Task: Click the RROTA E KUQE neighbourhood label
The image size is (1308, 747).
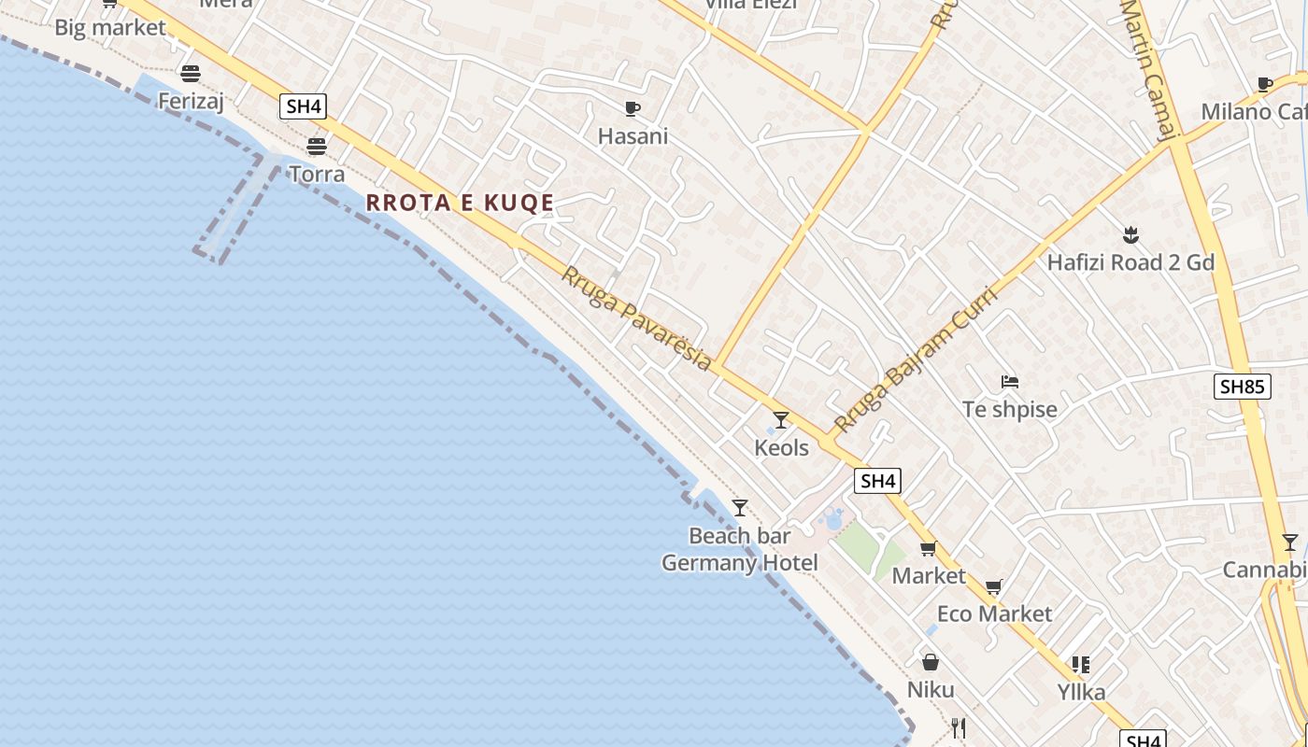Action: (460, 203)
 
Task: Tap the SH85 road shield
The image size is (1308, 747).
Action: (1242, 386)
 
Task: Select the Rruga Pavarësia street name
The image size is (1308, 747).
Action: (636, 318)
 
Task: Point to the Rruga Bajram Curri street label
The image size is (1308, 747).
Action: (916, 359)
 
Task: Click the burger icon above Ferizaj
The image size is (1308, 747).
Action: (191, 73)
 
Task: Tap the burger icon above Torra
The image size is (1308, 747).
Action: (317, 147)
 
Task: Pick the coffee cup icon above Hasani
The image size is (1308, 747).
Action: (633, 108)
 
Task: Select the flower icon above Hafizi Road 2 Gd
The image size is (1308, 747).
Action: (1130, 234)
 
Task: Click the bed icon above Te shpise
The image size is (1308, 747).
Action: (1009, 381)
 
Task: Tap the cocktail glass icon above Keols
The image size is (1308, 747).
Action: (781, 420)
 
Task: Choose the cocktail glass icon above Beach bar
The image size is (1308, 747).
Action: (740, 508)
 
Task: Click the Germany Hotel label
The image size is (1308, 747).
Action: (739, 563)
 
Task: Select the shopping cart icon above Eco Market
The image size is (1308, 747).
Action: (994, 586)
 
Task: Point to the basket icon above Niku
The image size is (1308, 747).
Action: (931, 662)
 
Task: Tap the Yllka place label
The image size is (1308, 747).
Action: (1081, 692)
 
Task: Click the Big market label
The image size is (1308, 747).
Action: (110, 27)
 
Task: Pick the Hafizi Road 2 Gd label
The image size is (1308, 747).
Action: (1130, 262)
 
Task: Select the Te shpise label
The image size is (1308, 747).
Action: (1009, 409)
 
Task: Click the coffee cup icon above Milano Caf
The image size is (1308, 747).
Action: (1265, 84)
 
